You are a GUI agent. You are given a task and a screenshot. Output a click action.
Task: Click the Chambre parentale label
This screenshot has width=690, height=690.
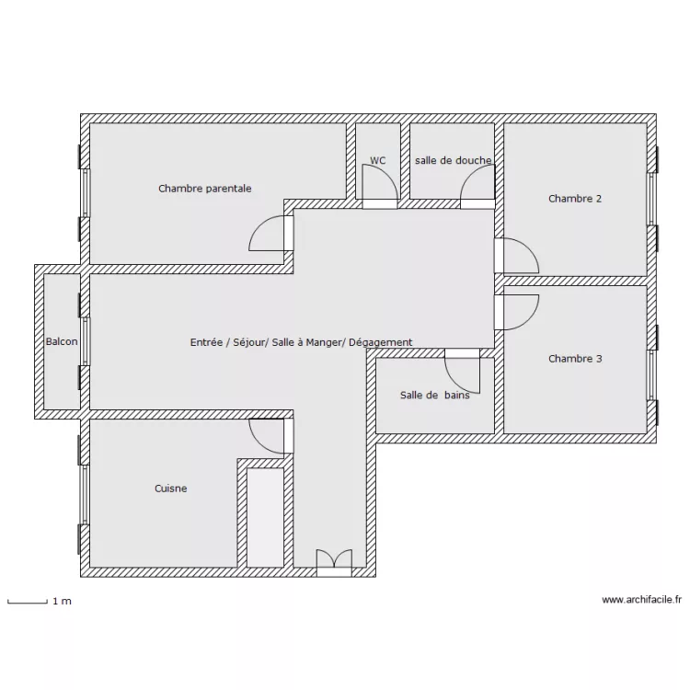(x=204, y=189)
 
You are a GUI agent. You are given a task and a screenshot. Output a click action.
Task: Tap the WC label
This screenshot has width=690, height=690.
(x=377, y=161)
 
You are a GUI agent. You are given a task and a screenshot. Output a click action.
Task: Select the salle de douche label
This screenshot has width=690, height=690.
(x=453, y=161)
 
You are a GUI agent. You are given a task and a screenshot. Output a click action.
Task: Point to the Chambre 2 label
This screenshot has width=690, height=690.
(x=575, y=199)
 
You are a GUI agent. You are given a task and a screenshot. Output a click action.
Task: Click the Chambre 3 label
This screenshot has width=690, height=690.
(x=575, y=359)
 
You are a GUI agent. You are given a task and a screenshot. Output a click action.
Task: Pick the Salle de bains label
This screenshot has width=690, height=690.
(x=435, y=396)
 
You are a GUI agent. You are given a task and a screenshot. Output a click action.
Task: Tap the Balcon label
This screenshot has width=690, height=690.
(x=62, y=341)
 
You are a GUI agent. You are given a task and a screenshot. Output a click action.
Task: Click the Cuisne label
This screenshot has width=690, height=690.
(x=171, y=489)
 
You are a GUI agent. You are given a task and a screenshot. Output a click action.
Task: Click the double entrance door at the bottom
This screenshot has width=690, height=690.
(x=335, y=563)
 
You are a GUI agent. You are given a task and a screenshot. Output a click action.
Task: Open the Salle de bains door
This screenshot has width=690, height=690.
(x=462, y=371)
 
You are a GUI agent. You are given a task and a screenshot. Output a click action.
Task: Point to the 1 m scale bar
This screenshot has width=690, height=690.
(x=28, y=602)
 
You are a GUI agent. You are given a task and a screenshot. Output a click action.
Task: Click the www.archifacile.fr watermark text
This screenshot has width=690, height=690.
(x=641, y=599)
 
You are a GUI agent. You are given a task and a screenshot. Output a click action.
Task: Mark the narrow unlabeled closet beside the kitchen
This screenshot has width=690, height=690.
(x=265, y=517)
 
